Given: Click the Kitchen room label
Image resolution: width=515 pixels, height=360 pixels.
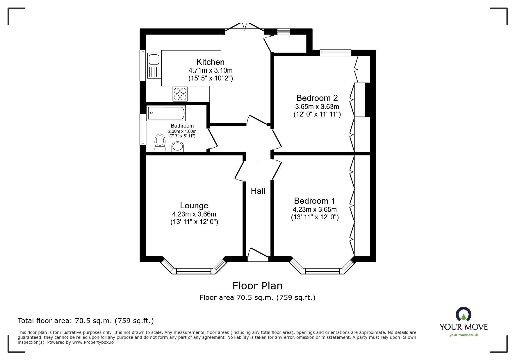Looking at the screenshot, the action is pyautogui.click(x=211, y=62).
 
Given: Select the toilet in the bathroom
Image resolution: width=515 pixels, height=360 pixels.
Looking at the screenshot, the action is pyautogui.click(x=160, y=143).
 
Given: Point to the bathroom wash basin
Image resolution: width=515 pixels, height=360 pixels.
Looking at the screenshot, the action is pyautogui.click(x=178, y=147).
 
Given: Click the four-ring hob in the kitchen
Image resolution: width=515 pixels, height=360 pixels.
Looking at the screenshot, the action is pyautogui.click(x=180, y=94).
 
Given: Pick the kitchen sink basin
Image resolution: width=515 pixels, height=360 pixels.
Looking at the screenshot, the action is pyautogui.click(x=153, y=60).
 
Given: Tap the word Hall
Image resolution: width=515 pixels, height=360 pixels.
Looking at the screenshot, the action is pyautogui.click(x=258, y=191).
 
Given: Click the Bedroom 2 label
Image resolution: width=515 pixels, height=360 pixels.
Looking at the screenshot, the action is pyautogui.click(x=317, y=98).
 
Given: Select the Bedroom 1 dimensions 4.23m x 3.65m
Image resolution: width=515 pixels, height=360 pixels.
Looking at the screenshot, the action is pyautogui.click(x=315, y=209).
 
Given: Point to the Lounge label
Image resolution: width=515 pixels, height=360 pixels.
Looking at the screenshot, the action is pyautogui.click(x=194, y=205).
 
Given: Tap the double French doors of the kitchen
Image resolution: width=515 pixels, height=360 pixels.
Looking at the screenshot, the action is pyautogui.click(x=245, y=27).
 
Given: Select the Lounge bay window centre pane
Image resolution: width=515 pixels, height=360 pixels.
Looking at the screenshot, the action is pyautogui.click(x=193, y=271).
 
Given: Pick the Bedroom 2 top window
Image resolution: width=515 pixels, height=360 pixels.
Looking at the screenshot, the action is pyautogui.click(x=335, y=53).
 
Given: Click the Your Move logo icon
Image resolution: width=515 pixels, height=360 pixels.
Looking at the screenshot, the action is pyautogui.click(x=463, y=314).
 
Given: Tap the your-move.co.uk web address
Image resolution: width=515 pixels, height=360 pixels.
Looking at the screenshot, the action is pyautogui.click(x=464, y=335).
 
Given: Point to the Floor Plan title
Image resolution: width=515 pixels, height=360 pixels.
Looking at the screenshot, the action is pyautogui.click(x=257, y=286).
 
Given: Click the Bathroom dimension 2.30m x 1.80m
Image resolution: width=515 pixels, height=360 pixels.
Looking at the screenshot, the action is pyautogui.click(x=182, y=131).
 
